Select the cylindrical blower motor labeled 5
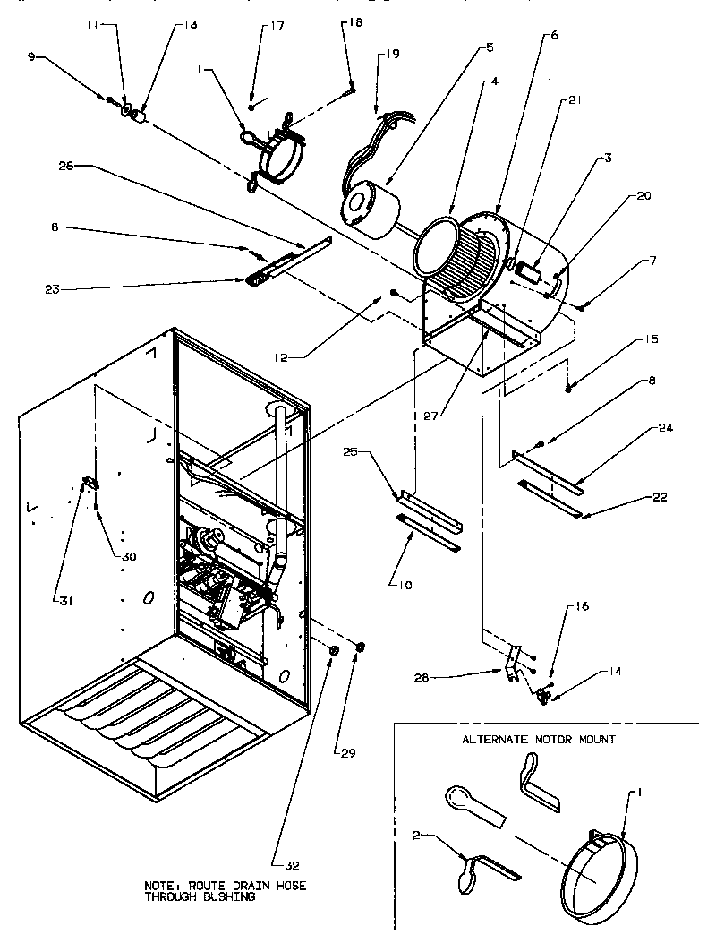(369, 206)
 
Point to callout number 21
(575, 101)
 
